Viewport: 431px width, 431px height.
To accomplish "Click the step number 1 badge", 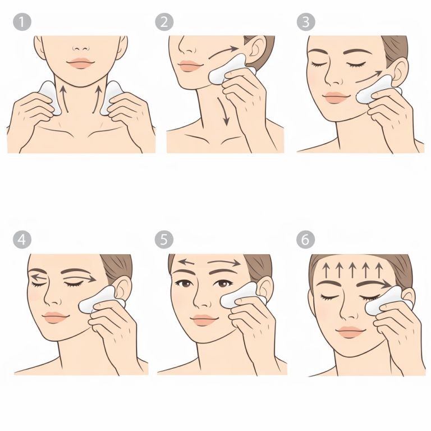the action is [22, 22].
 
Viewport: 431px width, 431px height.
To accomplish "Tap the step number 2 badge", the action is [164, 22].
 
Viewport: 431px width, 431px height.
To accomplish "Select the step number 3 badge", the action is [306, 22].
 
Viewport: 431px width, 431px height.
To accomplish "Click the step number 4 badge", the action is [22, 239].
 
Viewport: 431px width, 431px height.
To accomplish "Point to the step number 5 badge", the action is [164, 239].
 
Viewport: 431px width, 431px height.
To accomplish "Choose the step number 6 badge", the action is [306, 239].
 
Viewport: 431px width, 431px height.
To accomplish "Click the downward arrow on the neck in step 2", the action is [224, 111].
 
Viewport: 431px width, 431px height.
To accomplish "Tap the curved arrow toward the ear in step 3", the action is [369, 77].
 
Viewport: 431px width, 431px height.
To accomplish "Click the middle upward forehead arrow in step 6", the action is [352, 269].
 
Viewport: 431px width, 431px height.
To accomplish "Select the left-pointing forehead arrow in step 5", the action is [187, 262].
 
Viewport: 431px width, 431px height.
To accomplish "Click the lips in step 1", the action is [80, 63].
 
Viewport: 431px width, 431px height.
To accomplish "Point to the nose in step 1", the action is [81, 48].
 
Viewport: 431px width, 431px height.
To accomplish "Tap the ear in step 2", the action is [255, 49].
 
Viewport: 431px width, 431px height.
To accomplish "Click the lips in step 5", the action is [203, 320].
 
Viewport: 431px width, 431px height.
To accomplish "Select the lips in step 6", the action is [350, 332].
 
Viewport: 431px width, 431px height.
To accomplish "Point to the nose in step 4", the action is [52, 296].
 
